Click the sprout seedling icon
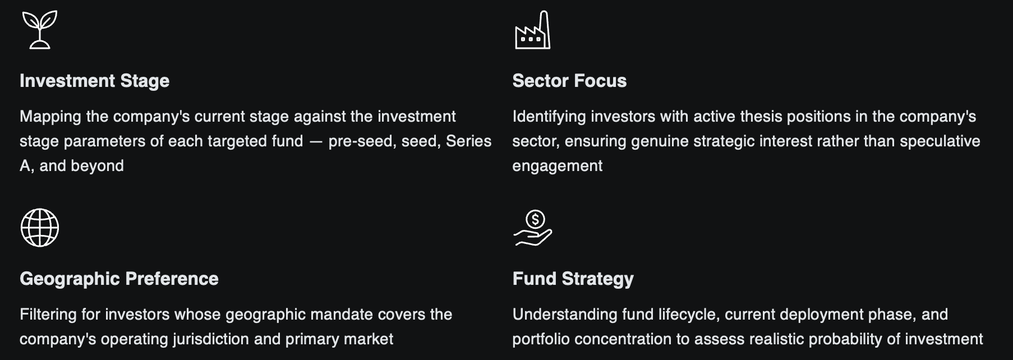pos(39,30)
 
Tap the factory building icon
pos(532,31)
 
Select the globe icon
pos(39,228)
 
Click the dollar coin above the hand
pos(536,219)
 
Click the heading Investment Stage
pos(94,81)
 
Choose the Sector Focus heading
pos(569,81)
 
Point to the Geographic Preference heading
pos(119,279)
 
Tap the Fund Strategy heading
pos(573,279)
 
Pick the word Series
pos(468,141)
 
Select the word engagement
pos(557,166)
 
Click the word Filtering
pos(48,315)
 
